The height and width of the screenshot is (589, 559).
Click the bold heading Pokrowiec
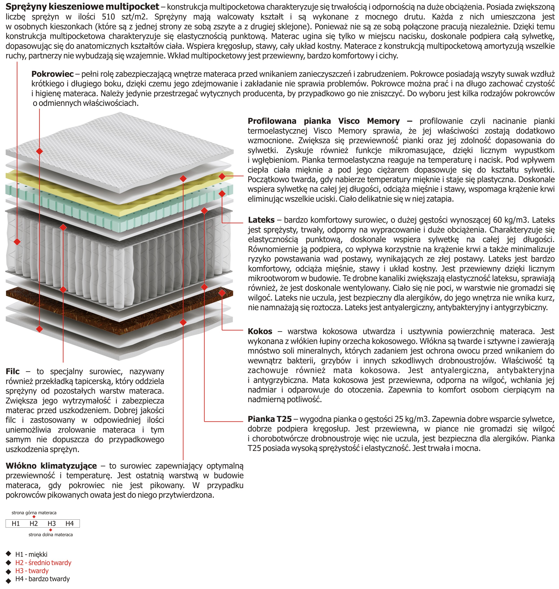tap(53, 74)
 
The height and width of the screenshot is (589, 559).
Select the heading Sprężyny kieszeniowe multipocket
tap(83, 6)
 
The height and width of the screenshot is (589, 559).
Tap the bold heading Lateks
tap(261, 220)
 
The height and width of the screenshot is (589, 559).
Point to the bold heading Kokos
tap(260, 331)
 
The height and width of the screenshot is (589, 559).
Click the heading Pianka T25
tap(269, 419)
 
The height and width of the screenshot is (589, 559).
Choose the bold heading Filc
tap(13, 371)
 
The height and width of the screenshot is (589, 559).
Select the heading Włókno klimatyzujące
tap(51, 466)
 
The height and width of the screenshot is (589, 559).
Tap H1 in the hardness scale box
tap(16, 523)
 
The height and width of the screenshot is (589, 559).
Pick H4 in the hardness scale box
tap(70, 523)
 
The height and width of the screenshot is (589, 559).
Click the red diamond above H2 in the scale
tap(34, 517)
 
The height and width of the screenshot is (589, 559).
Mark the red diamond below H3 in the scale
tap(51, 530)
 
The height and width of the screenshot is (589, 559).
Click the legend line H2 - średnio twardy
tap(43, 563)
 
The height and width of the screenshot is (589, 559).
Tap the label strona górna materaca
tap(34, 513)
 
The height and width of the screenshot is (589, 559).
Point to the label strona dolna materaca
tap(51, 535)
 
